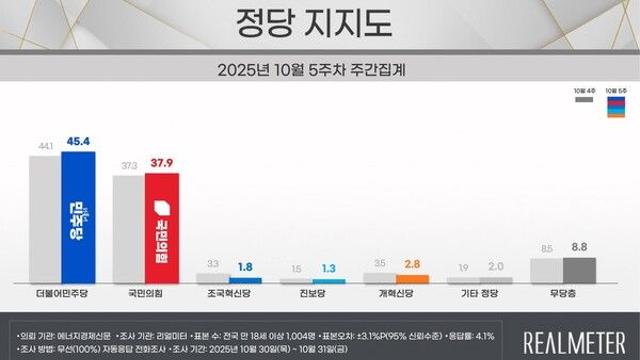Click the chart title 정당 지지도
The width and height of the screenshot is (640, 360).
click(x=320, y=23)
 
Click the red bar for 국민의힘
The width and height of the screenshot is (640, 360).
click(x=162, y=229)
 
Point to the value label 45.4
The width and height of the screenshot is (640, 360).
click(x=77, y=141)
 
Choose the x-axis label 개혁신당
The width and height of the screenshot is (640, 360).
click(x=398, y=297)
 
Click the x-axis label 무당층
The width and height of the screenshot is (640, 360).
click(x=565, y=297)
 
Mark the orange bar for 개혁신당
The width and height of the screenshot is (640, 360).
click(x=412, y=279)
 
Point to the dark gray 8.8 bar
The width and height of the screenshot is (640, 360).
click(x=580, y=270)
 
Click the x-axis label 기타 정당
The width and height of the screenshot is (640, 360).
click(x=482, y=297)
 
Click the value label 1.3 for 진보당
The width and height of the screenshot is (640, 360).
click(x=330, y=269)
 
